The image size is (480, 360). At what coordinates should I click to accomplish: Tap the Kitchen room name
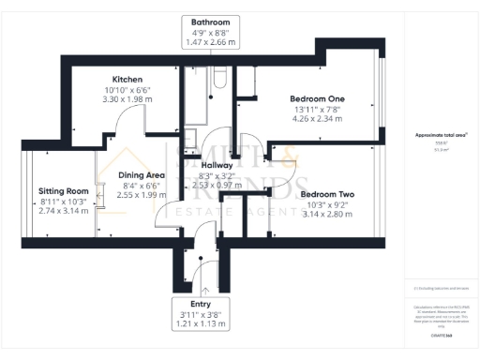127,79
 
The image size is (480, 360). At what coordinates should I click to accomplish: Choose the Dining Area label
142,174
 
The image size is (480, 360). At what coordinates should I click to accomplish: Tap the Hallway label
216,163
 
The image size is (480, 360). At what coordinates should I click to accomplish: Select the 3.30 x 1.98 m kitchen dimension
127,98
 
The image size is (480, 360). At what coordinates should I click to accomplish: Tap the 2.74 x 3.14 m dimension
63,211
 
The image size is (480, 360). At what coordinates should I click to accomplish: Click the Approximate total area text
441,136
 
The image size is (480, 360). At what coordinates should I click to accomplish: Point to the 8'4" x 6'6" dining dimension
142,186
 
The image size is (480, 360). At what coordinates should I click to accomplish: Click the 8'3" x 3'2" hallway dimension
216,174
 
